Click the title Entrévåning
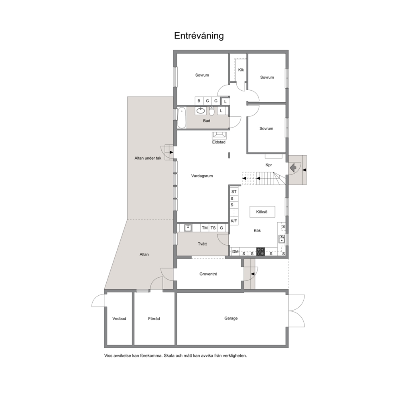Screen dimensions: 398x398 [x=199, y=36]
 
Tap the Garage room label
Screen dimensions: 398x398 [x=231, y=318]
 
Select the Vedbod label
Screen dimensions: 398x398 [x=119, y=319]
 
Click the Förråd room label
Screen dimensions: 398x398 [x=154, y=319]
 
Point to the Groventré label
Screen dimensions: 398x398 [x=208, y=274]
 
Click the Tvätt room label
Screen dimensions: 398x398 [x=202, y=244]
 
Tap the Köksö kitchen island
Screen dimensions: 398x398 [x=262, y=212]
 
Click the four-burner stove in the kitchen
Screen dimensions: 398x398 [x=260, y=252]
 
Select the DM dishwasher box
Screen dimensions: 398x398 [x=235, y=252]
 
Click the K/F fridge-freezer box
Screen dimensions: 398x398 [x=234, y=221]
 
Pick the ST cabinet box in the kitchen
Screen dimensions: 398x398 [x=234, y=192]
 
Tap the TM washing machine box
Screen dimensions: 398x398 [x=205, y=228]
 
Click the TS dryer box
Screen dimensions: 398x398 [x=213, y=228]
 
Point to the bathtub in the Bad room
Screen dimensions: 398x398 [x=181, y=118]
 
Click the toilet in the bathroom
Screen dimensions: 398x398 [x=212, y=111]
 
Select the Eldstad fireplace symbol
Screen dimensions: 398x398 [x=219, y=136]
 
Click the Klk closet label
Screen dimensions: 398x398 [x=241, y=70]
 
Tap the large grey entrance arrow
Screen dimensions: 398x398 [x=293, y=168]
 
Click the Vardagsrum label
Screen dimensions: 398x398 [x=202, y=176]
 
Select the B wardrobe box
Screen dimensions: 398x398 [x=199, y=101]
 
